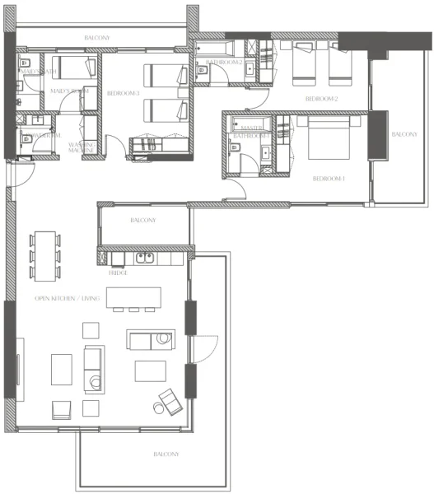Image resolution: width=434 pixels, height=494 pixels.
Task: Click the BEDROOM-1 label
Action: (329, 179)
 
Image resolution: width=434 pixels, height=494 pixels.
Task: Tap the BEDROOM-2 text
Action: (321, 99)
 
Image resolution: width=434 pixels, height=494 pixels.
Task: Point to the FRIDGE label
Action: (118, 273)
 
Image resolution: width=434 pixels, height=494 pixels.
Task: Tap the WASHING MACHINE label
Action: (81, 147)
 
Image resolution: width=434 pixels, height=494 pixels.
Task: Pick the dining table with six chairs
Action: (44, 257)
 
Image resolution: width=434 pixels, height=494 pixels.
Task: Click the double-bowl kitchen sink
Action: (146, 258)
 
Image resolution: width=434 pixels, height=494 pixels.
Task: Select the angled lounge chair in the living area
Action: (170, 401)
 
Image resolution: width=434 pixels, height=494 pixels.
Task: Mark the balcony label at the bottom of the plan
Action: (166, 454)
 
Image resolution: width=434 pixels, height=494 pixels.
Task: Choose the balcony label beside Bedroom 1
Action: (404, 134)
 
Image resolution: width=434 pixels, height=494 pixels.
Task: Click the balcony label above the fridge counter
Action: (143, 221)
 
